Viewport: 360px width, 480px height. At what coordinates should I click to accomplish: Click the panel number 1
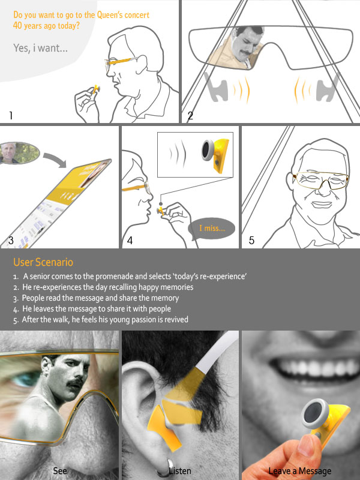point(11,115)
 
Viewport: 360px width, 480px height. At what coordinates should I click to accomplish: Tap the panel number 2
point(190,115)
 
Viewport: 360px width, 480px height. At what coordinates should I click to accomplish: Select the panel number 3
point(11,241)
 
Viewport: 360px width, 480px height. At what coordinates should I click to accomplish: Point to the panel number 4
point(130,241)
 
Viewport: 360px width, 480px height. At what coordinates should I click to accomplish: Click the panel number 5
point(251,241)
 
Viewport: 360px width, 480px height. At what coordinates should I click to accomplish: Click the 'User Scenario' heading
point(43,262)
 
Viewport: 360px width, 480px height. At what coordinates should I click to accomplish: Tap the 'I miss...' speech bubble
point(212,229)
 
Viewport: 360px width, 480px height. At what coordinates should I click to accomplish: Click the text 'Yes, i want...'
point(40,48)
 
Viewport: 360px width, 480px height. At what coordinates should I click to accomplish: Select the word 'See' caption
point(60,470)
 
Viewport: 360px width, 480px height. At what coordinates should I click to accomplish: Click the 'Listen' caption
point(180,470)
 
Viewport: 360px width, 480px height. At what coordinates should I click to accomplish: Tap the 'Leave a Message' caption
point(299,471)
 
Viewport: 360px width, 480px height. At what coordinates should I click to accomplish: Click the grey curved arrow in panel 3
point(56,159)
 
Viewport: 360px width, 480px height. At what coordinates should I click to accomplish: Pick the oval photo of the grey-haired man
point(19,153)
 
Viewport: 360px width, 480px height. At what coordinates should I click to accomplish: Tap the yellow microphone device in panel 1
point(96,89)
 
